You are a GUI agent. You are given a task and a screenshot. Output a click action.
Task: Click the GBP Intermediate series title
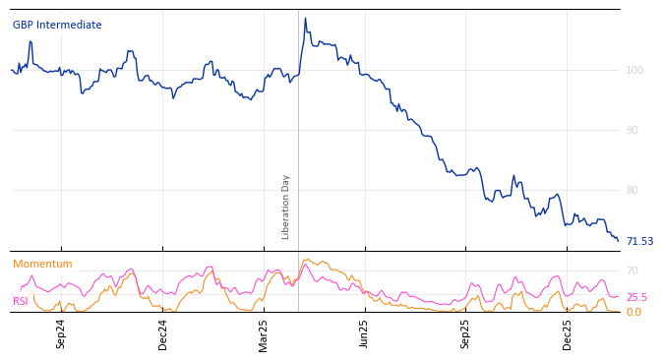57,26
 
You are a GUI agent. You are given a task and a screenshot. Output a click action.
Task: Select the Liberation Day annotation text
286,207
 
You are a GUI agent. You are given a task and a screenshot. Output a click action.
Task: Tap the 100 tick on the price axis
634,70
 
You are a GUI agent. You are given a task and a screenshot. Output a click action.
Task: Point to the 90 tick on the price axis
633,130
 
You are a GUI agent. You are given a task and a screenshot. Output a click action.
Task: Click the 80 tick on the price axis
633,190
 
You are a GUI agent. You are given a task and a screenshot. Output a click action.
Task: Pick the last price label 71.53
639,241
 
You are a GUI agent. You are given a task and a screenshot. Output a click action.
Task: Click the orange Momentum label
42,265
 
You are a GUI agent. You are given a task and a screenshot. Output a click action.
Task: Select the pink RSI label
21,302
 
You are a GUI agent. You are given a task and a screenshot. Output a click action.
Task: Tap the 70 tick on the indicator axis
633,270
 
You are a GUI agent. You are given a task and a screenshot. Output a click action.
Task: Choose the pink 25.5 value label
636,297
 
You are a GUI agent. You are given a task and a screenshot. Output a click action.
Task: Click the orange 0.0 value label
633,312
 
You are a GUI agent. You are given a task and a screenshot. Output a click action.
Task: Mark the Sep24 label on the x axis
61,333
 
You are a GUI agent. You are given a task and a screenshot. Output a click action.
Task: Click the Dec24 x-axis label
163,333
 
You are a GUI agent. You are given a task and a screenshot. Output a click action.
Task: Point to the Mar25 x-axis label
264,333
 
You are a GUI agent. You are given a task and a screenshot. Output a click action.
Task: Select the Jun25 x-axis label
365,333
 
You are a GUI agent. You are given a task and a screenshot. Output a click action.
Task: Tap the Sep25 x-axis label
466,333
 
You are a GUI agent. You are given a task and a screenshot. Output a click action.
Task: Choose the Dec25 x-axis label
568,333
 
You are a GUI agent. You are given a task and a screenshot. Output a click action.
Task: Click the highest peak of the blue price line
305,18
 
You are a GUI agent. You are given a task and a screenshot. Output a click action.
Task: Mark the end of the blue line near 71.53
618,240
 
